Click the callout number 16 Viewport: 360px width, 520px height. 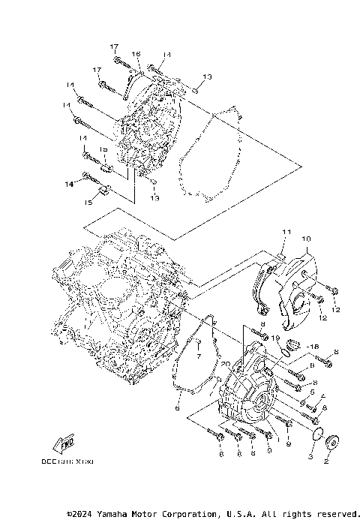[x=136, y=54]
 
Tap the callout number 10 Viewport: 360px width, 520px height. [x=306, y=239]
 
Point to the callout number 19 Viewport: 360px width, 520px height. [x=276, y=339]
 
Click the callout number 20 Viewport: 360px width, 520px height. [x=224, y=363]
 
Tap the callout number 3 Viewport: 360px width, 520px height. [x=310, y=456]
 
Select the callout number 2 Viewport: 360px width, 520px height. [x=325, y=462]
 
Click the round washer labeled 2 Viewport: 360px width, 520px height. [x=331, y=440]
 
